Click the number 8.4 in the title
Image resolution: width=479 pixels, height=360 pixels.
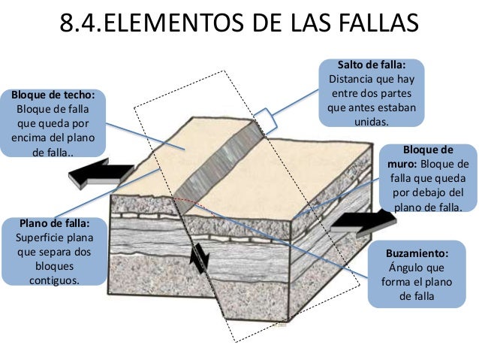click(x=80, y=23)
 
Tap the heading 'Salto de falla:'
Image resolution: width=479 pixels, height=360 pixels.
click(x=372, y=65)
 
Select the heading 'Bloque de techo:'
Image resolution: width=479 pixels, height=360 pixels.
click(x=53, y=95)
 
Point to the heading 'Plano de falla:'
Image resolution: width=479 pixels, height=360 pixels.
click(x=55, y=223)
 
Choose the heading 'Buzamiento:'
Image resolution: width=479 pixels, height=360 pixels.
click(x=417, y=253)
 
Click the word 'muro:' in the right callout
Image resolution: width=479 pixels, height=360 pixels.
click(x=402, y=165)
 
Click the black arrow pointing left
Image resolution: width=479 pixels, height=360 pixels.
click(x=101, y=173)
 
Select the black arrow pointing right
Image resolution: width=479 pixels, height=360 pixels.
click(x=363, y=223)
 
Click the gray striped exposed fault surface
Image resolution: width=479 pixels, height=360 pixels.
click(x=218, y=168)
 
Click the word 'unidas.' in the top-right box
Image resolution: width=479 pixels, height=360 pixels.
click(x=372, y=122)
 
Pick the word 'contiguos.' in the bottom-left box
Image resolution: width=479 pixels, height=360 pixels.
click(x=54, y=280)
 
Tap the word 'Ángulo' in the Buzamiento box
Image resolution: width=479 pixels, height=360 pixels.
click(x=403, y=268)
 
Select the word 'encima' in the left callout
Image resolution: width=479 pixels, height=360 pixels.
click(x=28, y=138)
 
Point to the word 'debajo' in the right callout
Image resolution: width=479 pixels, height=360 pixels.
click(x=431, y=192)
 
